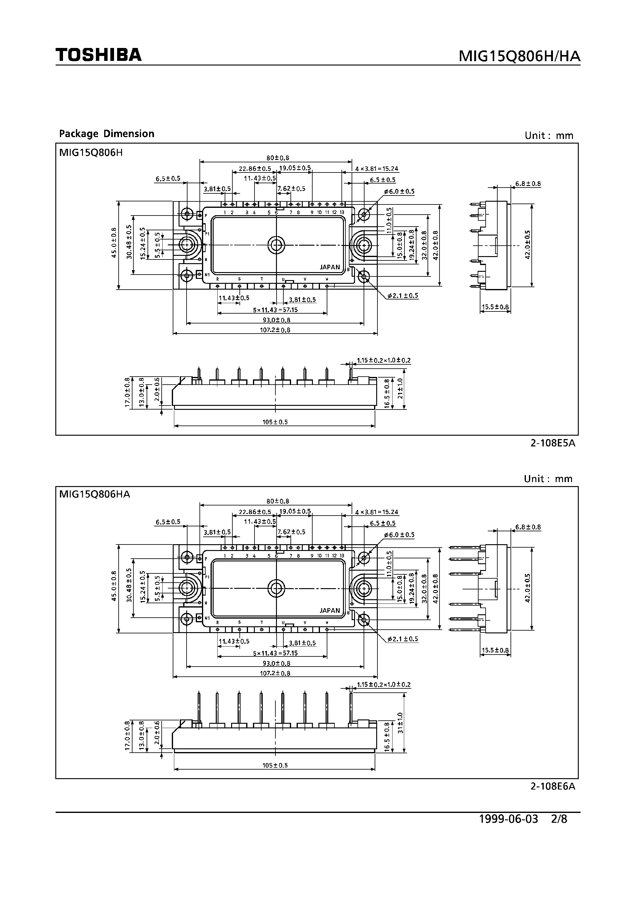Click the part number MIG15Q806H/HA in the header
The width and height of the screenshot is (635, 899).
click(x=519, y=57)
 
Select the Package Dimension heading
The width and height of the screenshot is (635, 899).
click(x=106, y=134)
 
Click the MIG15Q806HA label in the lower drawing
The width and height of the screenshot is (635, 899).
click(x=94, y=494)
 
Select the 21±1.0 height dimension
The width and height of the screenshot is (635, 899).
click(x=400, y=388)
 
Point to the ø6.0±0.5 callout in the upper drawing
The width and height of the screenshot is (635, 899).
click(x=399, y=192)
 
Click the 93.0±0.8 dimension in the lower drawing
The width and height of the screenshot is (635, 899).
click(x=276, y=663)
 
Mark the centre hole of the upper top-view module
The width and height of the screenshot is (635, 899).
click(x=276, y=245)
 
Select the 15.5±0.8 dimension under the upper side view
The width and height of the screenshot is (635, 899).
click(x=495, y=307)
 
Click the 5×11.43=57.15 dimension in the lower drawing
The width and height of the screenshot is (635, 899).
click(x=275, y=653)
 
